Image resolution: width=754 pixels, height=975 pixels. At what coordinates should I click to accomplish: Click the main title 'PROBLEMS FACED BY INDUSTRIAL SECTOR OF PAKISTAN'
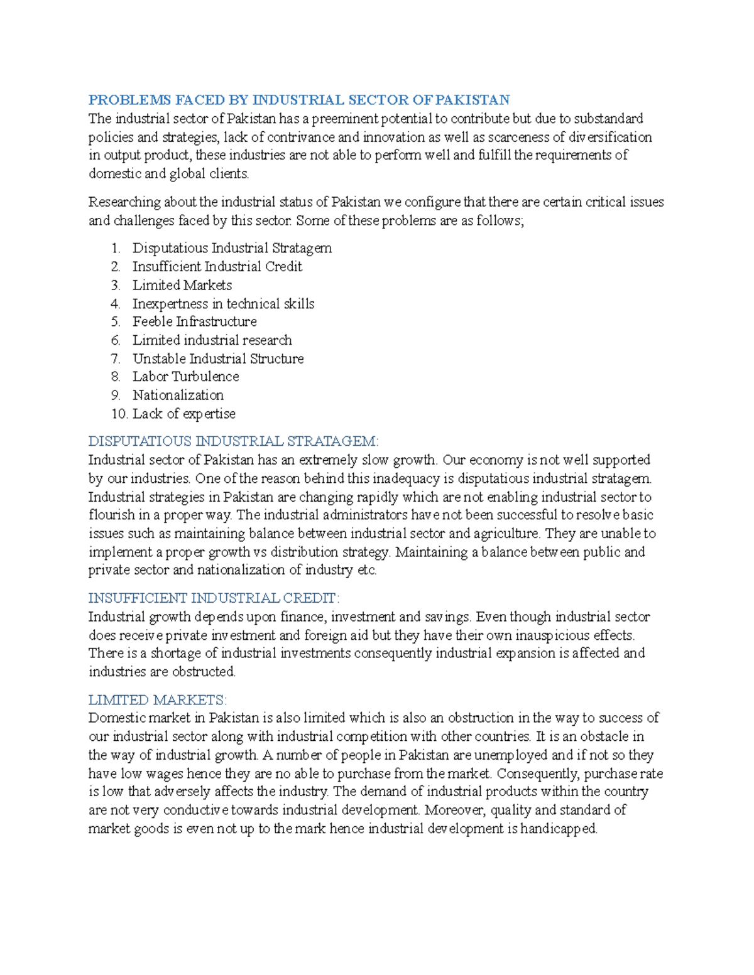[x=298, y=100]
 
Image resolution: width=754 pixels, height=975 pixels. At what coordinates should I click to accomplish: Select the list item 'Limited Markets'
[x=182, y=285]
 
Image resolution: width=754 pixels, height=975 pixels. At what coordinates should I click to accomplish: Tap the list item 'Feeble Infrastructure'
[x=194, y=321]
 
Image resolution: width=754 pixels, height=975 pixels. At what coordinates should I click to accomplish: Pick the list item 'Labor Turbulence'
[x=185, y=377]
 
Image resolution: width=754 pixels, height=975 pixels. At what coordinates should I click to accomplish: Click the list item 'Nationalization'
[x=178, y=395]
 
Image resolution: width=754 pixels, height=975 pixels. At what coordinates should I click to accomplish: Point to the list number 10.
[x=119, y=414]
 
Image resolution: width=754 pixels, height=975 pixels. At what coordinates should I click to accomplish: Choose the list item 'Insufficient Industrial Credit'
[x=217, y=267]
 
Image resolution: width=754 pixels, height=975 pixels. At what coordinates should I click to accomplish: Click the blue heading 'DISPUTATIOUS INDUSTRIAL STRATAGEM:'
[x=233, y=441]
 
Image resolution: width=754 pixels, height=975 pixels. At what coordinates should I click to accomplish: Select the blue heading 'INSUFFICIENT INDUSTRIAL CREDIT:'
[x=214, y=598]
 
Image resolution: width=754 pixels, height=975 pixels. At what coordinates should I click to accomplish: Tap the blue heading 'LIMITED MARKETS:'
[x=157, y=700]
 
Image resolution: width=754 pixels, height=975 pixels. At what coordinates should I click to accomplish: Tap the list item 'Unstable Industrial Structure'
[x=218, y=358]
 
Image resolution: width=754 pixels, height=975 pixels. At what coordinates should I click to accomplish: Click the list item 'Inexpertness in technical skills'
[x=223, y=304]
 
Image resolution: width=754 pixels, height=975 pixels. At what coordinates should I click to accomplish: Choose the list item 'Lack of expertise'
[x=183, y=414]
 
